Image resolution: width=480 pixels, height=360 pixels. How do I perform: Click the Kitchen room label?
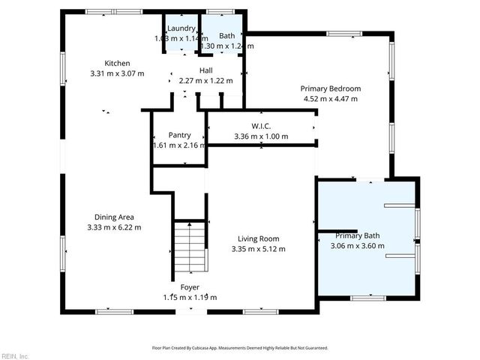coord(117,64)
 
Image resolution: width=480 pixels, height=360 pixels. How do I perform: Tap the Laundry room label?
coord(181,28)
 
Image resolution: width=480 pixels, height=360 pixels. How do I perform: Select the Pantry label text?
coord(179,135)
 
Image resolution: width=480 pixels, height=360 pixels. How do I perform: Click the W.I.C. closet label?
coord(261,126)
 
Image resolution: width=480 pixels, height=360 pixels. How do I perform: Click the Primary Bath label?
coord(358,235)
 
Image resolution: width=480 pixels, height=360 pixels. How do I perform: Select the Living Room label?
coord(258,238)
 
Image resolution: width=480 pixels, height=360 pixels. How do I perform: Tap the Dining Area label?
coord(114,217)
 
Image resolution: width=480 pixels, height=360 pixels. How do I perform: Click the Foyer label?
coord(190,287)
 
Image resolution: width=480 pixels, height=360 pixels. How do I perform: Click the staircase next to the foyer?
coord(190,247)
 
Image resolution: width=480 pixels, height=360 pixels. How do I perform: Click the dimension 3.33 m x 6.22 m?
coord(114,227)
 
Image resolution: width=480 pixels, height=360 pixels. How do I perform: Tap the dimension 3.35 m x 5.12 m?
coord(258,249)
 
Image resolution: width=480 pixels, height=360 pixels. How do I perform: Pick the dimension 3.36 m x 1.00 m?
coord(261,136)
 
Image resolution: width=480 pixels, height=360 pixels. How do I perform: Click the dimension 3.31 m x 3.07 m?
coord(117,73)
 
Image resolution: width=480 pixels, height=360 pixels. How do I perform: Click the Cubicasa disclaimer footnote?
coord(240,348)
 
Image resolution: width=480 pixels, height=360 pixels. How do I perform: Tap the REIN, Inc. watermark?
coord(15,355)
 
